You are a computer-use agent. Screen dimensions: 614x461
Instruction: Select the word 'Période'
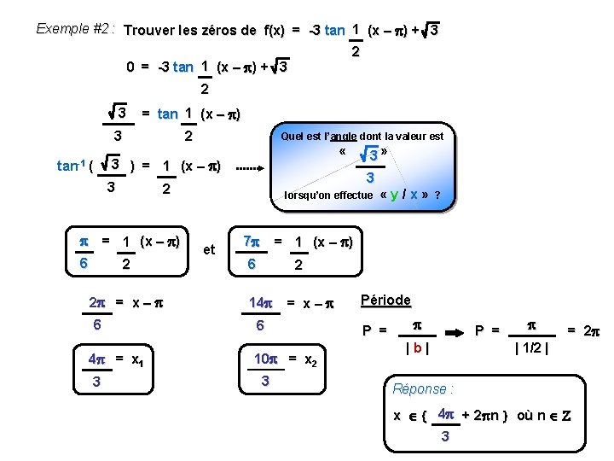point(385,301)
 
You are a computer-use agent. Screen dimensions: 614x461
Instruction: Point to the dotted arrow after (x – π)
point(250,167)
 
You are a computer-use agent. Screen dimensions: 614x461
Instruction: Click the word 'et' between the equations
point(208,250)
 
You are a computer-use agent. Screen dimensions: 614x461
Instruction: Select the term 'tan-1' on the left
point(69,167)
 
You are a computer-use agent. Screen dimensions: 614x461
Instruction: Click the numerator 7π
point(252,242)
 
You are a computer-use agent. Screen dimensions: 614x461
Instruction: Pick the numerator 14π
point(261,301)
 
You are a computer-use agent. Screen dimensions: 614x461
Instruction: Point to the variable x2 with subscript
point(310,360)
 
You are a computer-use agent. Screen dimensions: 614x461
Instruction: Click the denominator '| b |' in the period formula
point(417,348)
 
